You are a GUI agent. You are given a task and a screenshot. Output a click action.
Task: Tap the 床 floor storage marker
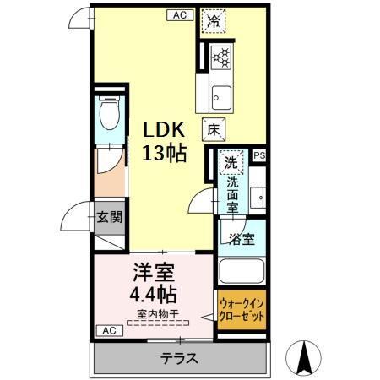214,128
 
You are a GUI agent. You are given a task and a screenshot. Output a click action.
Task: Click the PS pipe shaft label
258,155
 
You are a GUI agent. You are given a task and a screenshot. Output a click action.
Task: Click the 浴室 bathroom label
242,238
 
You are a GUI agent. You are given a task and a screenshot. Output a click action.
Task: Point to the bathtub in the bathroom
242,271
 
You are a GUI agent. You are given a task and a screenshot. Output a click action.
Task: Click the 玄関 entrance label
108,216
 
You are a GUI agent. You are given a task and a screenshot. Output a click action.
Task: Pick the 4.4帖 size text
152,296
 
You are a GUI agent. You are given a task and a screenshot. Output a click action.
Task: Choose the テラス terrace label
179,358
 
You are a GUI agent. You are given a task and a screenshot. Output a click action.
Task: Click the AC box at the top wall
180,14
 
